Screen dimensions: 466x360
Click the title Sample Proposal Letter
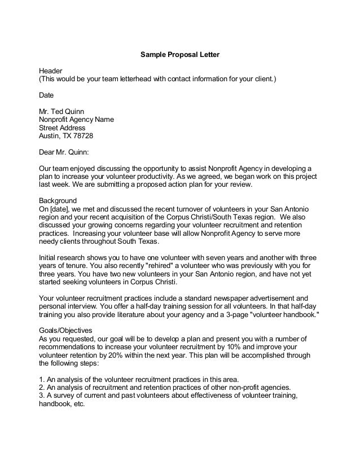(179, 55)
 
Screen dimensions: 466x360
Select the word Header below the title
(50, 71)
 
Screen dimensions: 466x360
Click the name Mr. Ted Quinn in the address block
(62, 112)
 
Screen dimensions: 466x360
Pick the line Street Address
(62, 128)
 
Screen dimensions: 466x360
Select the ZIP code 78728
(83, 136)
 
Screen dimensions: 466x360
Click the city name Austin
(49, 136)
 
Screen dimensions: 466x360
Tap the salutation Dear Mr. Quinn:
(63, 152)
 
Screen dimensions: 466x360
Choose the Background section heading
(57, 201)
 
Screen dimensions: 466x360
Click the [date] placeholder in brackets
(58, 209)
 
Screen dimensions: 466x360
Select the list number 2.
(41, 388)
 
